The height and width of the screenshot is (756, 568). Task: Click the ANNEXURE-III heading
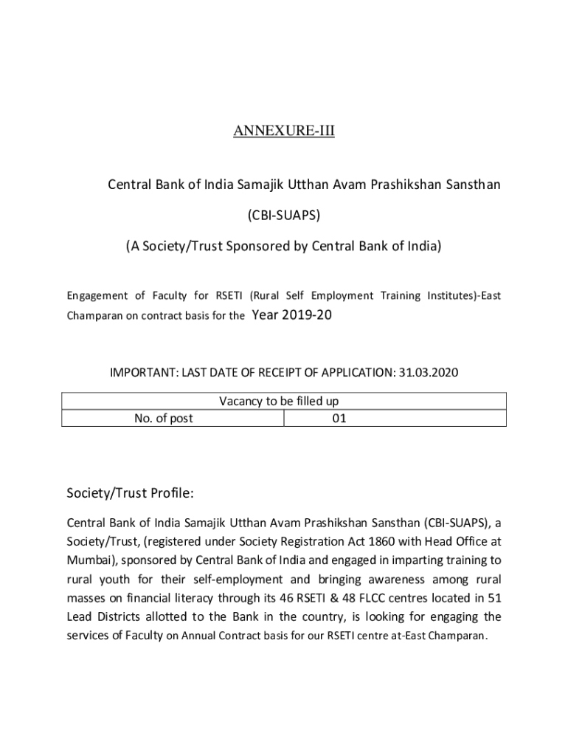click(284, 131)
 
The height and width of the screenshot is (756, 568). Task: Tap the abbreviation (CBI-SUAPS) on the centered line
click(284, 215)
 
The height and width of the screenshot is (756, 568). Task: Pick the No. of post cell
click(164, 418)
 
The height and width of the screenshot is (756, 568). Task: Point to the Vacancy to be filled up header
click(280, 401)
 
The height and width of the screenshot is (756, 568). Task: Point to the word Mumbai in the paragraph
click(87, 560)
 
